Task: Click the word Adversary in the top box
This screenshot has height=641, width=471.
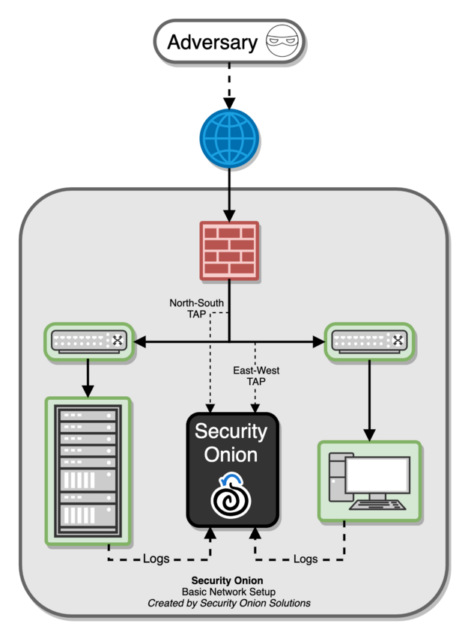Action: (212, 42)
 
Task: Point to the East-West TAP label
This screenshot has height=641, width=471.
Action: (257, 374)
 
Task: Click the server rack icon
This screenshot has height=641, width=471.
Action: (88, 470)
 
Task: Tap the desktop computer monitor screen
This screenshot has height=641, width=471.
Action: (377, 474)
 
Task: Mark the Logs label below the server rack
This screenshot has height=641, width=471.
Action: (157, 559)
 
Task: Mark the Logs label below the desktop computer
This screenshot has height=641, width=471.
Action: (306, 559)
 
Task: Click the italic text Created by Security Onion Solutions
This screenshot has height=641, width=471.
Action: (228, 603)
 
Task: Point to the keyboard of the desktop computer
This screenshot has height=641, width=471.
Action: (377, 505)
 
